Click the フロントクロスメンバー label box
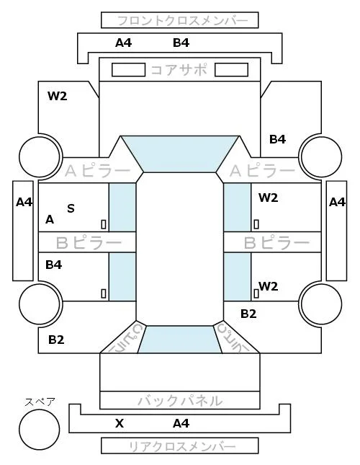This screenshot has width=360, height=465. [x=180, y=20]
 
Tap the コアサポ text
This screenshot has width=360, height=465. [x=179, y=70]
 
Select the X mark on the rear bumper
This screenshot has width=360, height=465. [x=120, y=423]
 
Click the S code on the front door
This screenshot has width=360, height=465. [x=71, y=208]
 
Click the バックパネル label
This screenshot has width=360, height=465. [x=180, y=401]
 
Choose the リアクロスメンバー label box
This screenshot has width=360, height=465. [x=180, y=446]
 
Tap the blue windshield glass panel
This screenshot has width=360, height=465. [x=180, y=154]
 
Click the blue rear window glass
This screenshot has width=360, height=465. [x=180, y=340]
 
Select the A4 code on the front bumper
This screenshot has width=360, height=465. [x=123, y=43]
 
